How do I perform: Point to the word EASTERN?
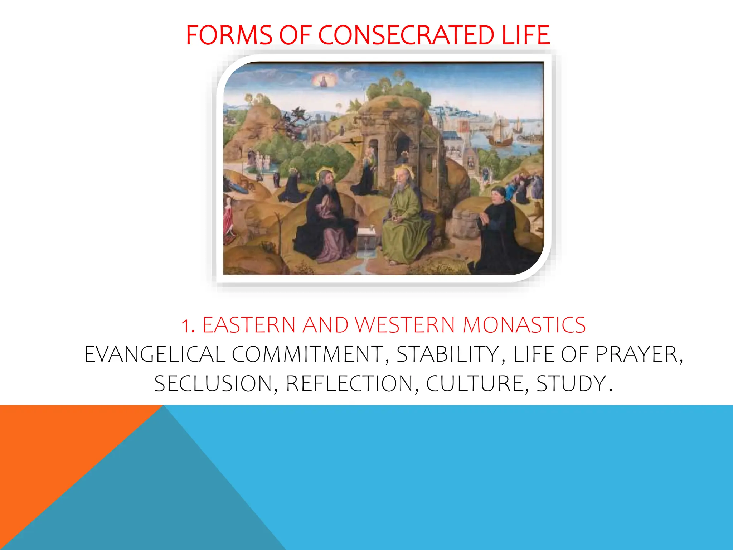249,325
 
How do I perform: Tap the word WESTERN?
405,325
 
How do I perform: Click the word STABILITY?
448,354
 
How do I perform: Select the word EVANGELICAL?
155,354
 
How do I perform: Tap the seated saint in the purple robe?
327,218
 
